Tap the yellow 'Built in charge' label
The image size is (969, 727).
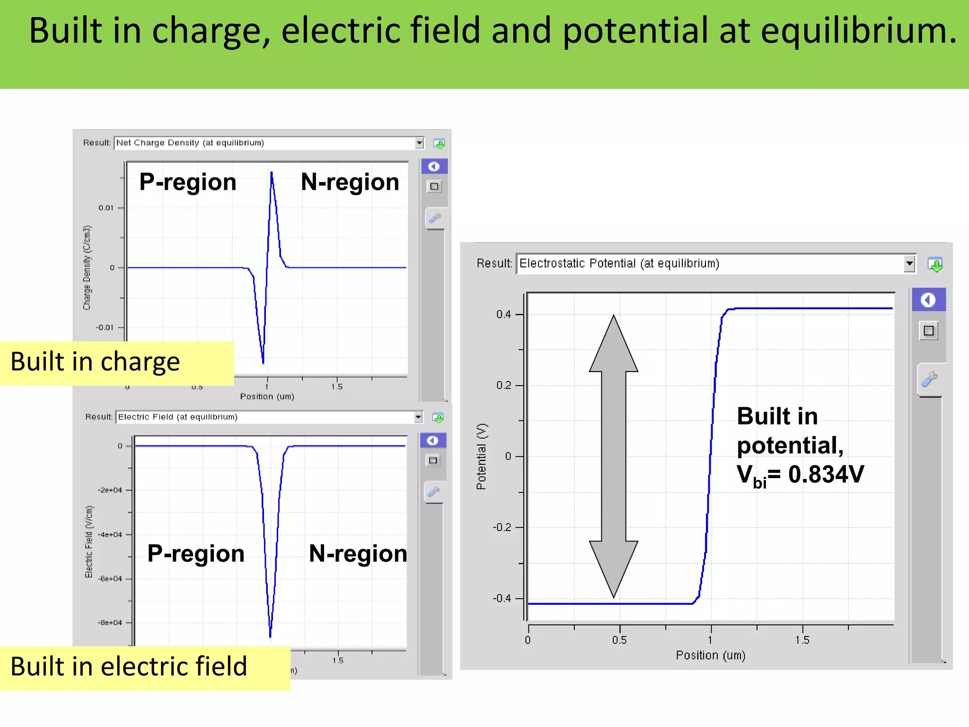click(95, 363)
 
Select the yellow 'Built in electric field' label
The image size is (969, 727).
click(129, 667)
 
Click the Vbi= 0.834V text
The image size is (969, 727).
click(800, 475)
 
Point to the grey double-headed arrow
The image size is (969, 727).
click(613, 456)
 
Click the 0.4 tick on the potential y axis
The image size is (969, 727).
click(503, 314)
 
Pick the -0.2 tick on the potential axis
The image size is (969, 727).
click(502, 527)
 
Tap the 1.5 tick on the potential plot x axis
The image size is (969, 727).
click(802, 640)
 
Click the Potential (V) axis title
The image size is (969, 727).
click(481, 456)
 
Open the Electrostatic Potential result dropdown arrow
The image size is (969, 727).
click(909, 264)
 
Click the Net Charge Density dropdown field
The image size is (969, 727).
click(265, 143)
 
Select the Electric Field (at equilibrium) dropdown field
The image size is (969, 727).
click(265, 417)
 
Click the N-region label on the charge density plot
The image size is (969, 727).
click(350, 182)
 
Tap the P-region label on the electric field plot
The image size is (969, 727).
click(195, 553)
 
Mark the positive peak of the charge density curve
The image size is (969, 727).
click(272, 173)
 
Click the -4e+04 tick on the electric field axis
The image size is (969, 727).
click(110, 534)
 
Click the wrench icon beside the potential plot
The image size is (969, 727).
click(929, 379)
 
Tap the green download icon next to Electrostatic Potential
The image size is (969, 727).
click(935, 265)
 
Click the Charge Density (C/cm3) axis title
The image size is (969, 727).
click(87, 267)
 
